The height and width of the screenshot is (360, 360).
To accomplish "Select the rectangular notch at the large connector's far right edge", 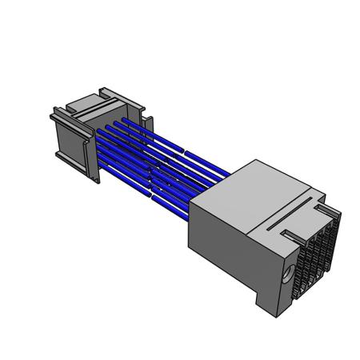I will (324, 209).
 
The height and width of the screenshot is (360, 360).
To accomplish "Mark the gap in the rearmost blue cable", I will (186, 150).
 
